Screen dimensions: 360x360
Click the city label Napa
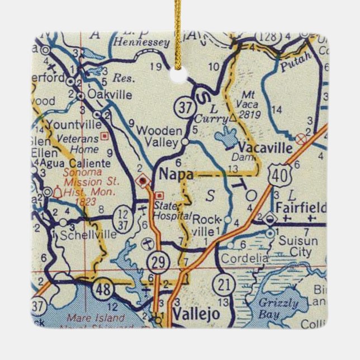[176, 174]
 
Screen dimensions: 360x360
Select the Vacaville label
[265, 148]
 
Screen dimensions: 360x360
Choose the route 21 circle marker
[224, 284]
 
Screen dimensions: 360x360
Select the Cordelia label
[242, 259]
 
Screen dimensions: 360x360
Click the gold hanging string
[179, 34]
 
